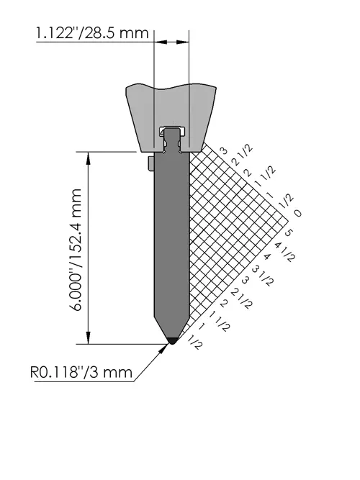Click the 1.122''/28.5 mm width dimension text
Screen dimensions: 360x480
[92, 33]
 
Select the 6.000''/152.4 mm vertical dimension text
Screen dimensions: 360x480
[74, 250]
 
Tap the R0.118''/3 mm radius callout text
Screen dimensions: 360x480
[81, 373]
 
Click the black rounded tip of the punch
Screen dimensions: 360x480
[172, 340]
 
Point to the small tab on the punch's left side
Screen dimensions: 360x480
[150, 164]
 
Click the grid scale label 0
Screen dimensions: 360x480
[297, 213]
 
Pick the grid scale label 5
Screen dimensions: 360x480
[289, 233]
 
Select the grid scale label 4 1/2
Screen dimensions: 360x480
[284, 252]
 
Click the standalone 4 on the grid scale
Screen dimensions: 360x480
[267, 256]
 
